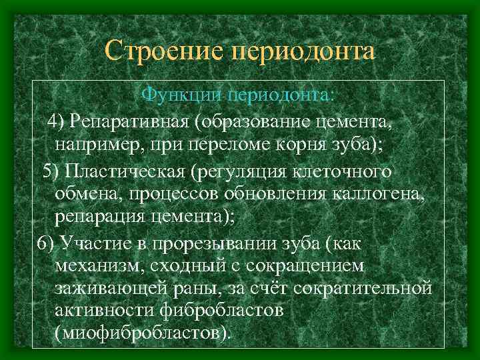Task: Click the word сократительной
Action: (x=373, y=288)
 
